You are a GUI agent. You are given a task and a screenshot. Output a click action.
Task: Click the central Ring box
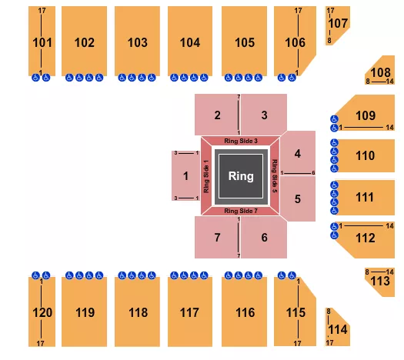tap(241, 176)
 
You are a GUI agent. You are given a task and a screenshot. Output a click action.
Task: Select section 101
tap(43, 42)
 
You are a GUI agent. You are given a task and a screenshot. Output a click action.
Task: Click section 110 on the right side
tap(366, 155)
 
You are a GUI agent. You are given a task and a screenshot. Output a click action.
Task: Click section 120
tap(43, 312)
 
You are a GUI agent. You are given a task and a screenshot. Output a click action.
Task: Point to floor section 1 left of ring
tap(185, 175)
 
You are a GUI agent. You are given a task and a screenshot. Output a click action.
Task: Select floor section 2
tap(218, 115)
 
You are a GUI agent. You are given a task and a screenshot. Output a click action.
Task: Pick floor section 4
tap(297, 152)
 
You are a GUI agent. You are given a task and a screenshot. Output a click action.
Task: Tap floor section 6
tap(264, 237)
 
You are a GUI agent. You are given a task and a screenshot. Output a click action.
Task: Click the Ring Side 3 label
tap(240, 142)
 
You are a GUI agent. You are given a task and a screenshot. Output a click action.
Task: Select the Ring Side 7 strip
tap(240, 210)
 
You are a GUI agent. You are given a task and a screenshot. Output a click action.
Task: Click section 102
tap(85, 42)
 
